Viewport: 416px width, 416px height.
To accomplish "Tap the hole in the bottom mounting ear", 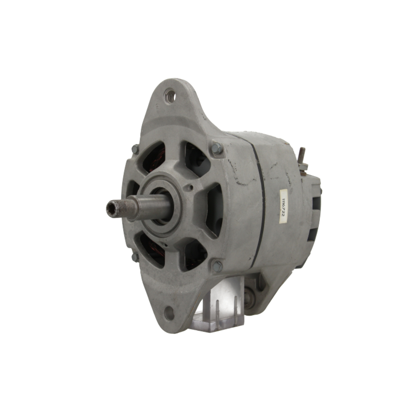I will [169, 313].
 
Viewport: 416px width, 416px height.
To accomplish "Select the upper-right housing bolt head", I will [217, 149].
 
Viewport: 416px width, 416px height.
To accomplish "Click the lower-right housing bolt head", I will [217, 265].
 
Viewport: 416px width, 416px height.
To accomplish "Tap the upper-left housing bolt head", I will [135, 149].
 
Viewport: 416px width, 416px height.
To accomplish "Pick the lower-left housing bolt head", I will [135, 257].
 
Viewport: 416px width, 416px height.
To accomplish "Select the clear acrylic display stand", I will [220, 306].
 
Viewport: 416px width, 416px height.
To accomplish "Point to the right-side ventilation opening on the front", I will [214, 208].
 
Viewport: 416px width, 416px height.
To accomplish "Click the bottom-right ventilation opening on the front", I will [194, 254].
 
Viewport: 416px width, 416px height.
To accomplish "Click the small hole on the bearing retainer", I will [190, 188].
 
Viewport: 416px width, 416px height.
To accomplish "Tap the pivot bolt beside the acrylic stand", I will [249, 298].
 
